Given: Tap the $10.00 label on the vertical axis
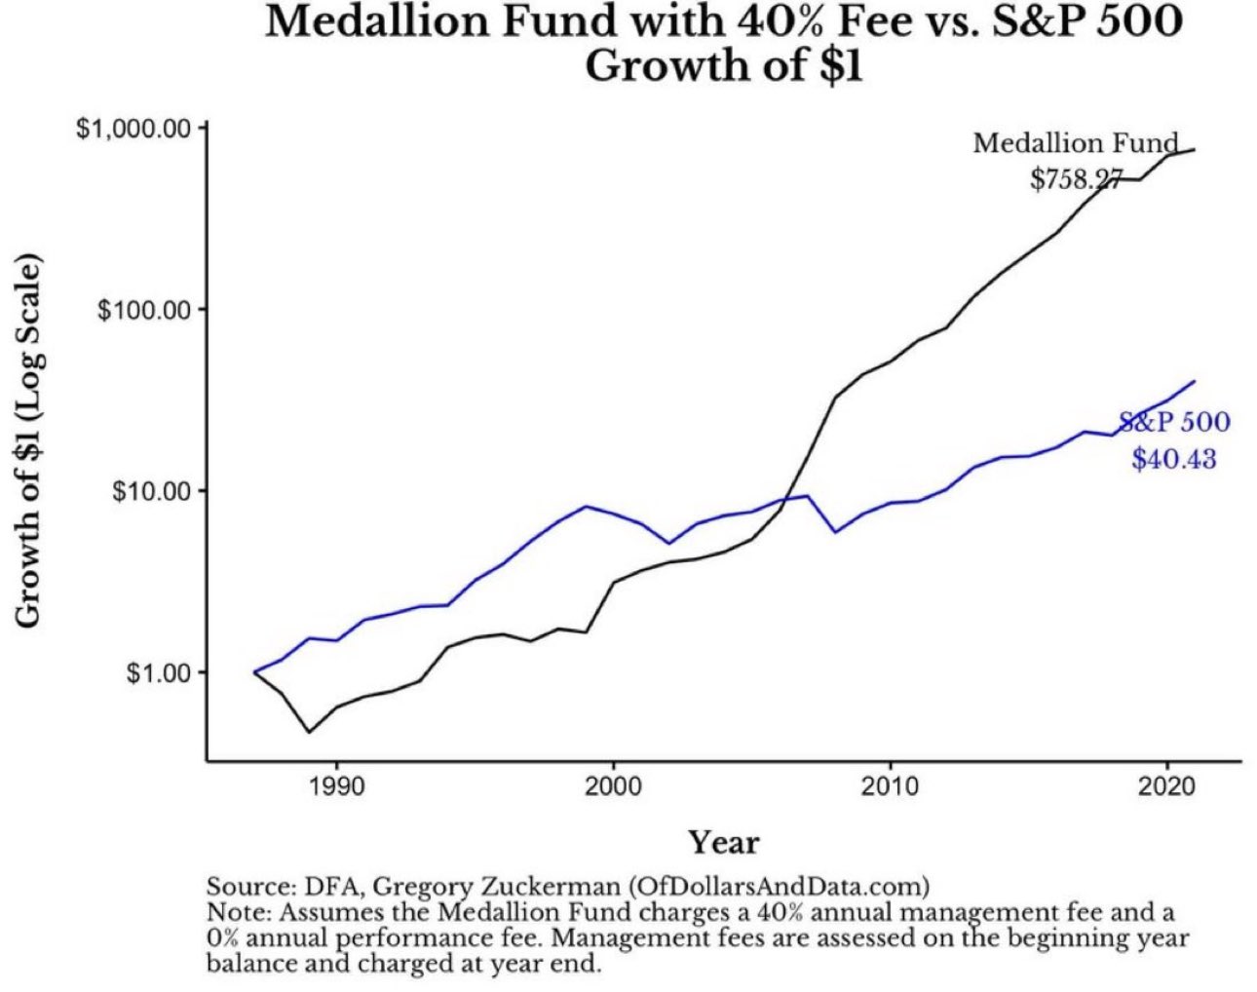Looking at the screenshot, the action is (151, 491).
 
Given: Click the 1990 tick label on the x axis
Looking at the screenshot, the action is (336, 787).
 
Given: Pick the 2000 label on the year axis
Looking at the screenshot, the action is (613, 787).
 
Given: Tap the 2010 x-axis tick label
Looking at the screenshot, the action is (890, 787).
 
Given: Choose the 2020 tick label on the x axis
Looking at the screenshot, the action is (1166, 787).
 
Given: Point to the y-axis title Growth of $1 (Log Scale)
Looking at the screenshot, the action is (29, 441).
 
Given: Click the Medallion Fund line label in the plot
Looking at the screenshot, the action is (1076, 143).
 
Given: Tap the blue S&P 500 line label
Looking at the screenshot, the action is (1174, 422).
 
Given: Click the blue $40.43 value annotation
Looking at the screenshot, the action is (1174, 458).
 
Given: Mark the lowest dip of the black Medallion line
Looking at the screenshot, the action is (309, 732).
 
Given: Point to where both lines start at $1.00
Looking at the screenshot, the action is (254, 672).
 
